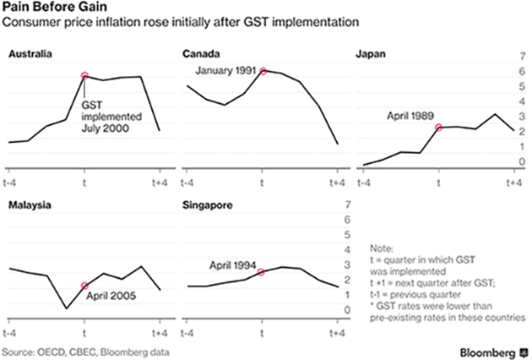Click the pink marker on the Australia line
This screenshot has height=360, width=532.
click(84, 76)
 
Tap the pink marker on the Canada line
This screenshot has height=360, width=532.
click(263, 71)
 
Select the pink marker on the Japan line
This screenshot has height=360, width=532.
click(438, 128)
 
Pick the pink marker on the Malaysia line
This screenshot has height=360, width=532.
click(84, 286)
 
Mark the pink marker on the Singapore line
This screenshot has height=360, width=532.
click(262, 272)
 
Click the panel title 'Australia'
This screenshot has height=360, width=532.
click(27, 54)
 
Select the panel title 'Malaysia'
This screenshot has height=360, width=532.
click(26, 205)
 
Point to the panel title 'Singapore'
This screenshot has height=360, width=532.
click(207, 205)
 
